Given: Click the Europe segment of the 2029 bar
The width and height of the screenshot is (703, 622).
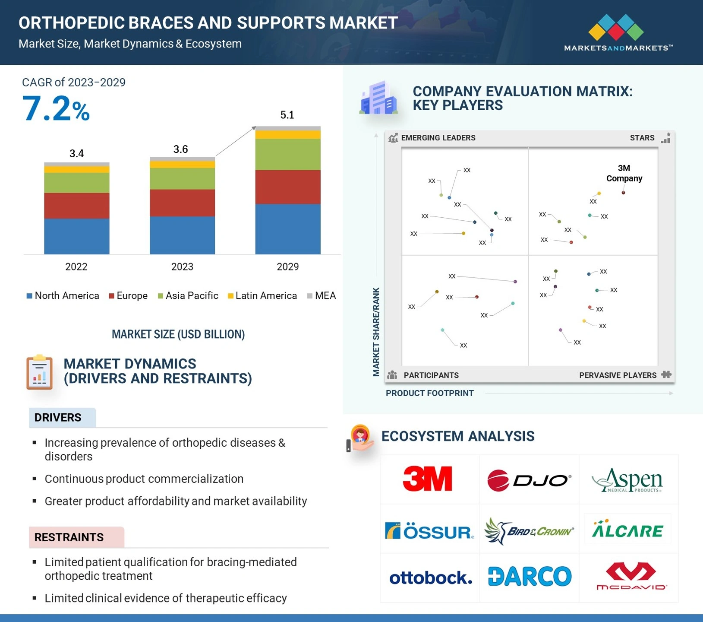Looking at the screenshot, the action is pos(288,187).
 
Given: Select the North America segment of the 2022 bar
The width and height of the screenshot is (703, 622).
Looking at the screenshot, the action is pos(77,236).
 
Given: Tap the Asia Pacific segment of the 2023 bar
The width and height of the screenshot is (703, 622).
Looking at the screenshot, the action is pos(182,179).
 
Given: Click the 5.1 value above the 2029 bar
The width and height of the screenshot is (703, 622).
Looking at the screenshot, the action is pos(287,115).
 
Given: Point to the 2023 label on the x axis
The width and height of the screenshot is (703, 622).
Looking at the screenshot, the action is pos(182,267).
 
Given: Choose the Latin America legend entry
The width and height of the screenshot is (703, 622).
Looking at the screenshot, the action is pos(262,295).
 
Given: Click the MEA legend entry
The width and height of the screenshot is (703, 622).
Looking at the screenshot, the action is pos(322,295).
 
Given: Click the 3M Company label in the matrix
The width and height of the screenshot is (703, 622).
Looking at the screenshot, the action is pos(624,173).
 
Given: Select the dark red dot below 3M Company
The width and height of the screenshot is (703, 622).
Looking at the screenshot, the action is pos(623,193).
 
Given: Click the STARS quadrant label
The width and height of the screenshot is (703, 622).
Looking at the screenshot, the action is pos(642,138).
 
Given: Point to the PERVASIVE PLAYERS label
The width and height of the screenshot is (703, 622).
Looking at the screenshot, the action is pos(618,375).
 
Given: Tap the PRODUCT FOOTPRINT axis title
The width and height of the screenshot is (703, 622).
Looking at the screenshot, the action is pos(430,393).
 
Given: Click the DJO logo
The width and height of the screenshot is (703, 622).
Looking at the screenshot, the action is pos(529,480).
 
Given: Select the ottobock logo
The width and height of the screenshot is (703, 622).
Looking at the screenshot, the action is pos(431,578).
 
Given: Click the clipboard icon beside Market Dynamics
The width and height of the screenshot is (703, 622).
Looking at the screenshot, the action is pos(39,372).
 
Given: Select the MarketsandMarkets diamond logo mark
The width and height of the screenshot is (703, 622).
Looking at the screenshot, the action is pos(616,27).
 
